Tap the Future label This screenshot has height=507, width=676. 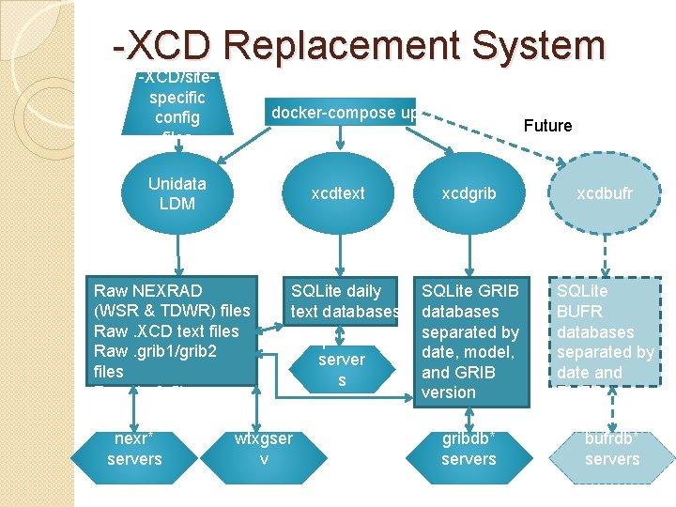547,126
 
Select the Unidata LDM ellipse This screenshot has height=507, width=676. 177,193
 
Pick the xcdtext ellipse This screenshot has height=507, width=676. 338,193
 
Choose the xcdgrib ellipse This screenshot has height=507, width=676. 468,193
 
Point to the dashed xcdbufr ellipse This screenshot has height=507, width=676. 605,193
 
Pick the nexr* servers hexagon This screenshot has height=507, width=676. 134,449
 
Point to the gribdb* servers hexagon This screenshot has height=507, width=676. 468,449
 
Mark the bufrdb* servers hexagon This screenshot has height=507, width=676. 612,449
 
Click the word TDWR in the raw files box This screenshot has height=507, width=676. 171,311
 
